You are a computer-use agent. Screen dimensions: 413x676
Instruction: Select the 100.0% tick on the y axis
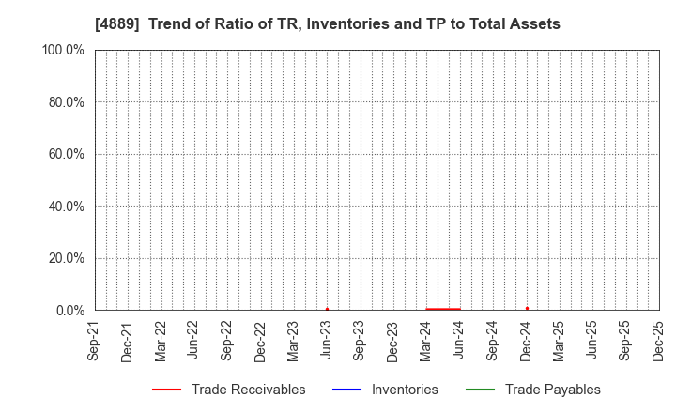63,50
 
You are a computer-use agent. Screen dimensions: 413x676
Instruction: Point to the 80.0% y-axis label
66,101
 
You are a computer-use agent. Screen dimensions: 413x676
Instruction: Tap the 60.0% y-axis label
66,154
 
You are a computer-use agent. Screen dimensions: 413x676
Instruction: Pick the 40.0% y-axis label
66,206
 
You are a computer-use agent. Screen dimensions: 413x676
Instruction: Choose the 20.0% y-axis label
66,258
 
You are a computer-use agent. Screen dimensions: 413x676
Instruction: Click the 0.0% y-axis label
69,311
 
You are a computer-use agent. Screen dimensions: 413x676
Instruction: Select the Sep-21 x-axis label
94,342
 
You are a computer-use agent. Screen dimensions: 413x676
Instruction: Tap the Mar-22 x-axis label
161,342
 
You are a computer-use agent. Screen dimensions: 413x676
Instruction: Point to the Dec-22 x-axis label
260,342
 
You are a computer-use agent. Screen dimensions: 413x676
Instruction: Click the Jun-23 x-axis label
327,342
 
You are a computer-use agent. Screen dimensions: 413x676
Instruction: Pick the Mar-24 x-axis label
426,342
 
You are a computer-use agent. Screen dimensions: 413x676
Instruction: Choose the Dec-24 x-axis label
526,342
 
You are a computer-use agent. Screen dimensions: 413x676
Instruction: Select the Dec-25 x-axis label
658,342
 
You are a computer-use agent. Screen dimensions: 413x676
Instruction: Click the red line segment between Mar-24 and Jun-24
443,309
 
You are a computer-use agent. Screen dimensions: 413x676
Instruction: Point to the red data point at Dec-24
527,308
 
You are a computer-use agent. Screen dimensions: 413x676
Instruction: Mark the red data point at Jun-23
327,309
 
